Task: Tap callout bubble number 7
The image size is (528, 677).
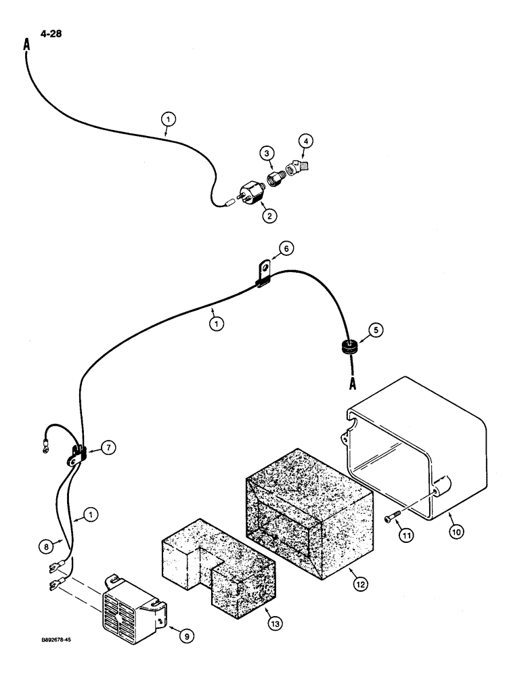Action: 109,447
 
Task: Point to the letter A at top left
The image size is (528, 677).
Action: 26,45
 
